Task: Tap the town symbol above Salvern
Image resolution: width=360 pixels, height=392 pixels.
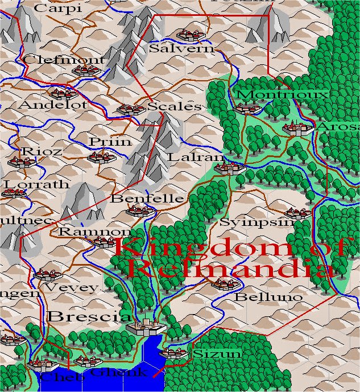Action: (x=187, y=35)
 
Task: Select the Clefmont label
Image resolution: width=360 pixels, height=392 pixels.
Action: (x=64, y=60)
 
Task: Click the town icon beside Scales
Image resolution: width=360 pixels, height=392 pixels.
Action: (x=131, y=109)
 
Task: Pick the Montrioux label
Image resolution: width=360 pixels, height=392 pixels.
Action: (x=282, y=94)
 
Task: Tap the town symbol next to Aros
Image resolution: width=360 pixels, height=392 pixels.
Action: (x=297, y=128)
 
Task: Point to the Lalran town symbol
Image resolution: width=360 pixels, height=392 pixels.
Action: (x=230, y=167)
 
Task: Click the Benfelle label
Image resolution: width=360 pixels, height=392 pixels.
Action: (x=147, y=199)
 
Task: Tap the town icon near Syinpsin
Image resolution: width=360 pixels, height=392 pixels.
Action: (x=297, y=213)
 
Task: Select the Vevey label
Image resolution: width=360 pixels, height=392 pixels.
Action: (x=71, y=288)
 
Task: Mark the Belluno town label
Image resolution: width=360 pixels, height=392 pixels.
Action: (x=260, y=297)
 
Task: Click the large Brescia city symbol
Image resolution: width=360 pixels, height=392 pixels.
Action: (x=146, y=325)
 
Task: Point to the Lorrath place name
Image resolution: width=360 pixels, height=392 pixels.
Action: (x=36, y=184)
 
